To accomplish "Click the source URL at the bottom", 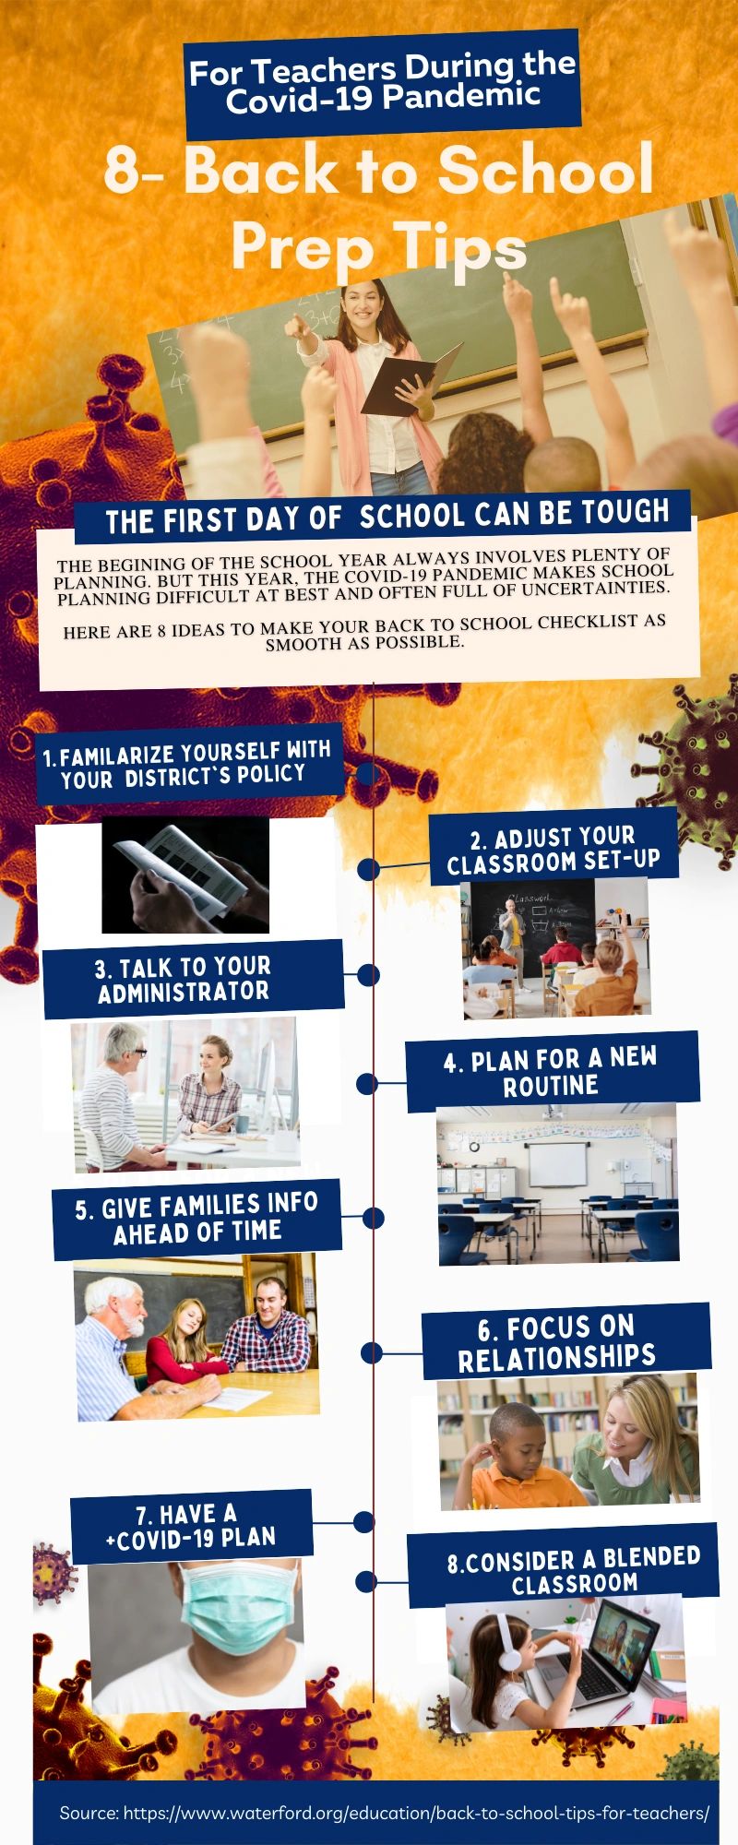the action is pyautogui.click(x=385, y=1813).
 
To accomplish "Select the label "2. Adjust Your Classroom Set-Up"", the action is pyautogui.click(x=553, y=850).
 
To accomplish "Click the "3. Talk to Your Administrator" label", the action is pyautogui.click(x=184, y=979).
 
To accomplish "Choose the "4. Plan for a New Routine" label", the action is pyautogui.click(x=552, y=1071).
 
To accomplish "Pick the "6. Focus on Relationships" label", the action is pyautogui.click(x=558, y=1341).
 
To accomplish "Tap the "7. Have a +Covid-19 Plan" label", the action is pyautogui.click(x=191, y=1526).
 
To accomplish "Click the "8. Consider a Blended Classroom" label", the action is pyautogui.click(x=574, y=1571).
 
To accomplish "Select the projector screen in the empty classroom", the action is pyautogui.click(x=556, y=1164).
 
